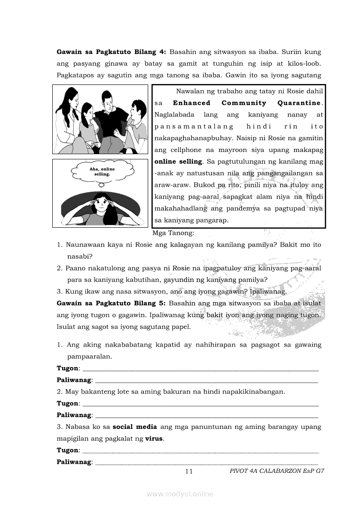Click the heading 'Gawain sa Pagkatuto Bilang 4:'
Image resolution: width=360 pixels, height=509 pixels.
click(x=111, y=52)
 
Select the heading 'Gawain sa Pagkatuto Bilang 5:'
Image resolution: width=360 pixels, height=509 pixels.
click(x=111, y=303)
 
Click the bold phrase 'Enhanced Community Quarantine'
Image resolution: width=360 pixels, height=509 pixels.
click(x=247, y=103)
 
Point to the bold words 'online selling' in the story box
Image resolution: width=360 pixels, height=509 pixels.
click(x=178, y=162)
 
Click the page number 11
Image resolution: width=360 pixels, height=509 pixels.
click(x=189, y=471)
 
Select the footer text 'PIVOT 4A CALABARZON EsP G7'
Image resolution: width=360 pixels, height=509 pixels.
click(x=277, y=471)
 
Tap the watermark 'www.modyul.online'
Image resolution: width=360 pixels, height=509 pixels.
click(x=180, y=494)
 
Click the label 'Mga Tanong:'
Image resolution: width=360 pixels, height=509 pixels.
click(x=173, y=233)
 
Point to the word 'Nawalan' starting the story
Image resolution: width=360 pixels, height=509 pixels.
click(x=190, y=91)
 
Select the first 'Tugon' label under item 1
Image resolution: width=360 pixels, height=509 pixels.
click(x=67, y=368)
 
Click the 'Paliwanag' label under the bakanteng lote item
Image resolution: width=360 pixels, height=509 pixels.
click(x=74, y=415)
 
